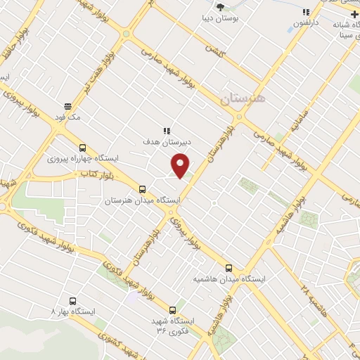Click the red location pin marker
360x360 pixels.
[181, 165]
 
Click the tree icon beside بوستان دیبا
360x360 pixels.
[221, 6]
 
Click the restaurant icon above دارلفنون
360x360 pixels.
[306, 12]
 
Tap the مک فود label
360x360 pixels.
[68, 117]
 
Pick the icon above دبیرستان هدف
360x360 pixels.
[167, 131]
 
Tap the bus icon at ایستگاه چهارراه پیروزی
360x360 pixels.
[83, 148]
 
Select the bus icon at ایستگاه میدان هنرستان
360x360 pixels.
[143, 189]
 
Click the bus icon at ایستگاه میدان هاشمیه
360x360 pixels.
[229, 267]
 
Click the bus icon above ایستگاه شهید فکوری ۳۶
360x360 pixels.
[173, 309]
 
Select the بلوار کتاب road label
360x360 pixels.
[96, 172]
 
